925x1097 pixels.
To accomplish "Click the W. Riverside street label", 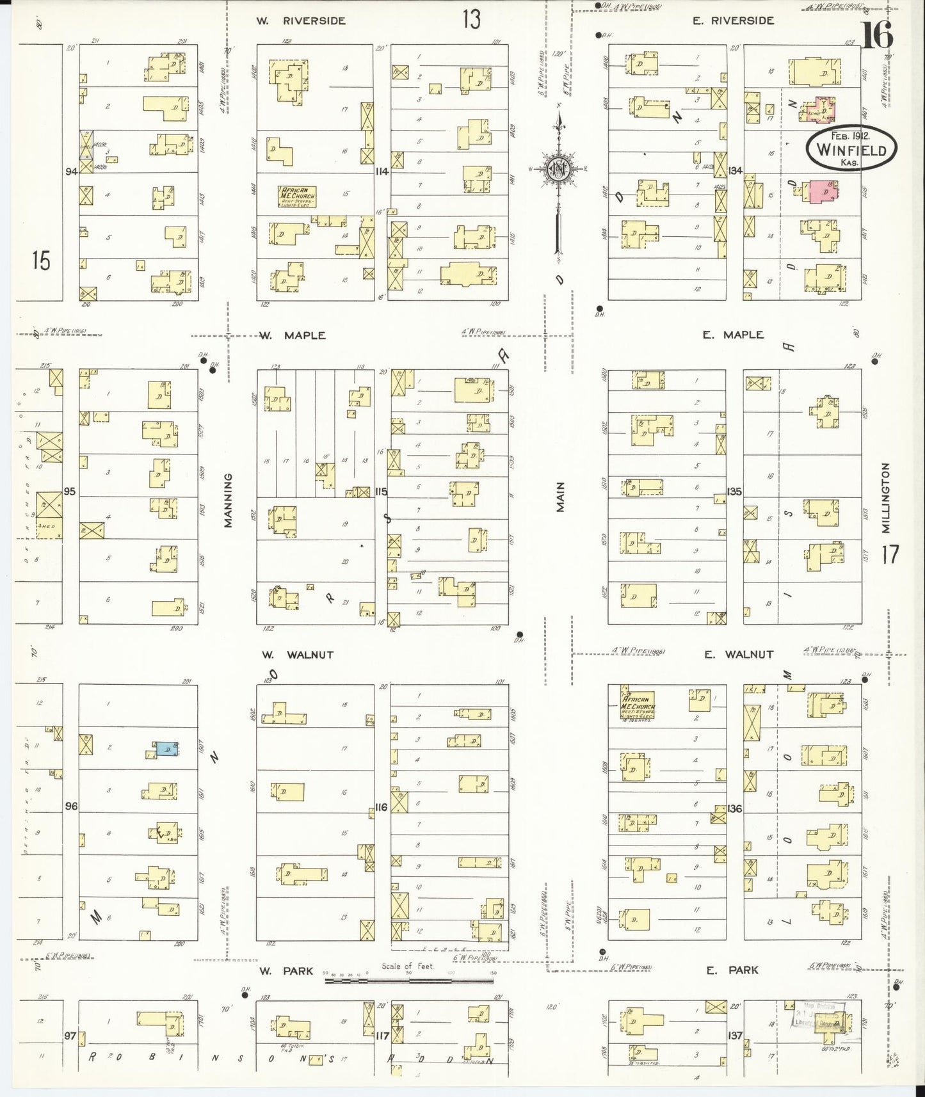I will [x=301, y=20].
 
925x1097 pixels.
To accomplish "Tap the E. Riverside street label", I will [x=732, y=20].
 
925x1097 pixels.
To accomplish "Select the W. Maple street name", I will [x=293, y=335].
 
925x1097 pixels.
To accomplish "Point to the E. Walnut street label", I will [x=738, y=654].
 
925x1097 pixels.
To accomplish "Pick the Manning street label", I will [x=228, y=500].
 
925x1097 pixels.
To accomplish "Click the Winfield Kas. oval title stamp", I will [x=851, y=148].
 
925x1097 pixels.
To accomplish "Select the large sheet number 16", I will [x=876, y=36].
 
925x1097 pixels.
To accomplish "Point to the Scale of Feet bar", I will [x=410, y=979].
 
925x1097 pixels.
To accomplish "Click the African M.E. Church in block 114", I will [x=297, y=196].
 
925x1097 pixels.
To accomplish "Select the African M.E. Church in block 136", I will [x=638, y=703].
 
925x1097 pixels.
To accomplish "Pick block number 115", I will [x=382, y=492].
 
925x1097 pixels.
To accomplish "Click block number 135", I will [x=734, y=492].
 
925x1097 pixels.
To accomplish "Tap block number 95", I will [x=70, y=492].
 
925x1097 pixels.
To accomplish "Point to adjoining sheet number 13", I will [x=471, y=19].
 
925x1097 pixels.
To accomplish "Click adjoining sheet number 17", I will [x=890, y=554].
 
